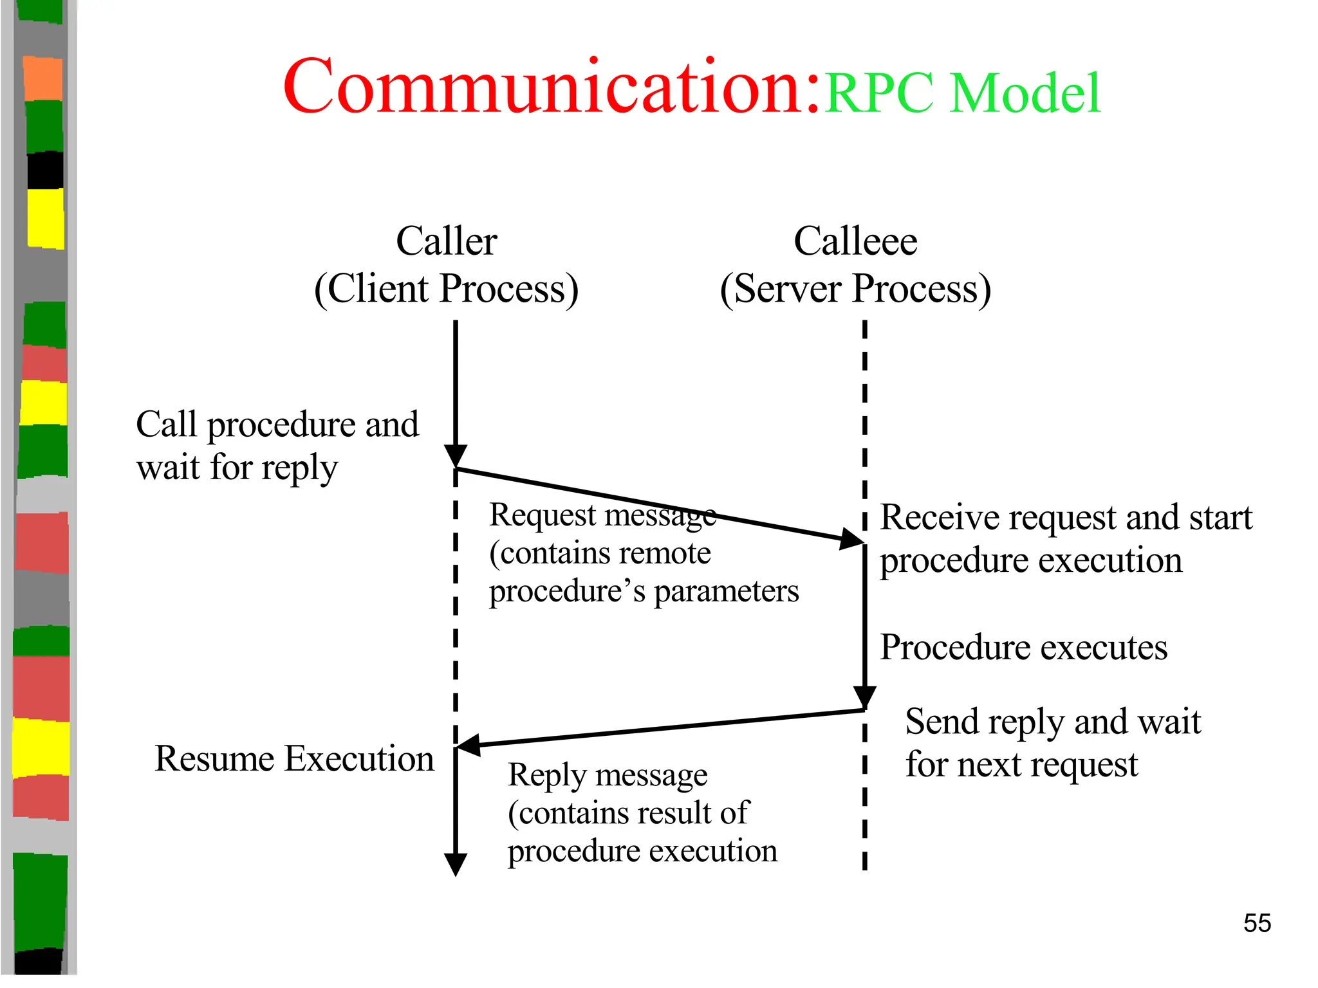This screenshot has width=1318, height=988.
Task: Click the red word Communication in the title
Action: click(550, 87)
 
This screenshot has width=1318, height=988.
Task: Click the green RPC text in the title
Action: click(879, 93)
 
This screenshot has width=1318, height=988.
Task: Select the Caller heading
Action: click(446, 241)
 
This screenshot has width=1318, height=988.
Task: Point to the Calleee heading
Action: click(855, 241)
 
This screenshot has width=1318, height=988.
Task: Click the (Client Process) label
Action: click(446, 289)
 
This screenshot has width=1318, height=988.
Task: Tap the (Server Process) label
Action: click(855, 289)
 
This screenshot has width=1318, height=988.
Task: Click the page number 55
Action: click(1257, 923)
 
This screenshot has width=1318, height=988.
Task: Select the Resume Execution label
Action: click(294, 758)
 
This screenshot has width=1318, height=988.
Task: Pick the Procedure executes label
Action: click(1023, 647)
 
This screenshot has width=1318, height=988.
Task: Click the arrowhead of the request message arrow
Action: click(853, 538)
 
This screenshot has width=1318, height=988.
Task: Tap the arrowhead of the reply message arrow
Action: click(469, 745)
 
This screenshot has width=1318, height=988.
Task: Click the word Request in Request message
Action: click(543, 515)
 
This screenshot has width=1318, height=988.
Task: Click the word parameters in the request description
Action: click(726, 592)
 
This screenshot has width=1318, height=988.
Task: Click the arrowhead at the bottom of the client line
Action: click(456, 864)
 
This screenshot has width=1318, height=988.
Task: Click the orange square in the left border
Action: click(43, 78)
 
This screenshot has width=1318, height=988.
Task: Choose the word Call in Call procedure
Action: click(166, 425)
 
